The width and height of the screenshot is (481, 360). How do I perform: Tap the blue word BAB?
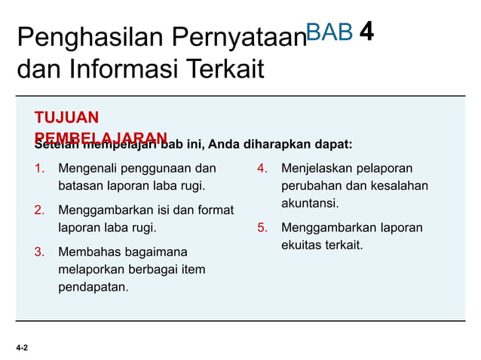point(329,32)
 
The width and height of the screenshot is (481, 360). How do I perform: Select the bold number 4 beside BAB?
point(367,31)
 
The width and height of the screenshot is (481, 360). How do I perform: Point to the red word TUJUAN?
point(66,117)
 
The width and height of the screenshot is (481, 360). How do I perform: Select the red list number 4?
point(262,167)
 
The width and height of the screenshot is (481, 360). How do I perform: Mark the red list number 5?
point(262,227)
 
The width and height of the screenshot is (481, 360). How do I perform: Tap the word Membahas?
point(86,252)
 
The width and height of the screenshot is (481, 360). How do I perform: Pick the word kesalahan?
point(401,185)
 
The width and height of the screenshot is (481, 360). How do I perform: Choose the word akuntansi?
point(310,203)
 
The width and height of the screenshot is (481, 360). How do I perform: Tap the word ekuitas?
point(302,246)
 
